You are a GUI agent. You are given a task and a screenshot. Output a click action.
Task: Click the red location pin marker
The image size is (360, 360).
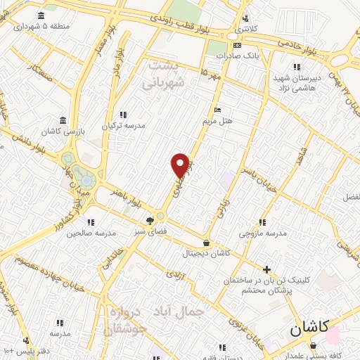pos(180,165)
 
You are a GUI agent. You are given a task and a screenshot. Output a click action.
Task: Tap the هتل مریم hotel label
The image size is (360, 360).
pos(217,121)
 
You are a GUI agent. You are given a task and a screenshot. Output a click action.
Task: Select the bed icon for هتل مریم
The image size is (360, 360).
pos(217,110)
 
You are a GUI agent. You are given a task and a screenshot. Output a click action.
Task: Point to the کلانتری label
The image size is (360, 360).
pos(245,30)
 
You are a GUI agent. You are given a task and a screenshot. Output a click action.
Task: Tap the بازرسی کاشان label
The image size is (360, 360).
pos(63,131)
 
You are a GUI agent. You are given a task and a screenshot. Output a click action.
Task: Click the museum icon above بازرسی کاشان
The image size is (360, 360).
pos(63,120)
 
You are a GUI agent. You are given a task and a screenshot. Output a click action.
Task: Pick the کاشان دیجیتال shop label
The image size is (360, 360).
pos(205,252)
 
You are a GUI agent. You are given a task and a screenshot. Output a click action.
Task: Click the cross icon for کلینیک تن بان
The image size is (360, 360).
pos(266,269)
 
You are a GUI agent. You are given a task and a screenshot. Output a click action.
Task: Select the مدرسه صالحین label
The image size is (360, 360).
pos(90,233)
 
